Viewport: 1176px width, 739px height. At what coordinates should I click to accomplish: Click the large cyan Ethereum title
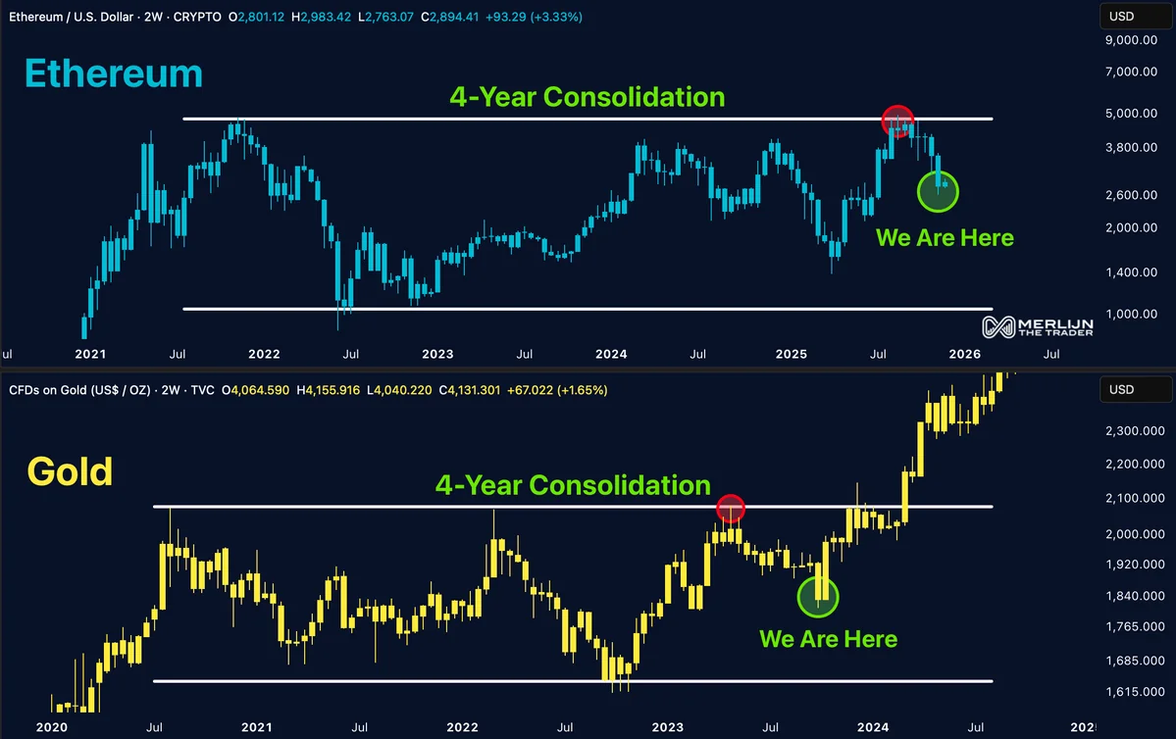[x=113, y=75]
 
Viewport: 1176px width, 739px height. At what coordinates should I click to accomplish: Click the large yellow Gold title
[x=70, y=472]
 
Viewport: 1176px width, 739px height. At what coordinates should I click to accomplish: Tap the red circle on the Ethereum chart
[x=897, y=121]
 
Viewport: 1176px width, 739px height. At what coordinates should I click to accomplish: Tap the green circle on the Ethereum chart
[x=937, y=192]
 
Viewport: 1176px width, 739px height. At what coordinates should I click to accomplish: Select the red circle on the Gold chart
[x=731, y=509]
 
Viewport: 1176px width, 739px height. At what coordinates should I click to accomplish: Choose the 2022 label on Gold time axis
[x=462, y=728]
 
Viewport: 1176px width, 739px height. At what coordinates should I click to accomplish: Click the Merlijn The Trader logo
[x=1038, y=327]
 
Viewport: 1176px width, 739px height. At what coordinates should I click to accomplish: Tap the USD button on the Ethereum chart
[x=1121, y=16]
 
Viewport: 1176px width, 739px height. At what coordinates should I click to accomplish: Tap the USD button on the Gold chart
[x=1121, y=390]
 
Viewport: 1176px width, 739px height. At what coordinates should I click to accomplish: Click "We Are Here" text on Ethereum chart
[x=944, y=237]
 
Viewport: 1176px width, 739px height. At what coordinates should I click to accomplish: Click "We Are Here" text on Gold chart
[x=828, y=639]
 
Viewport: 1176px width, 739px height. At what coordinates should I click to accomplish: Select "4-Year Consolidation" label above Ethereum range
[x=587, y=97]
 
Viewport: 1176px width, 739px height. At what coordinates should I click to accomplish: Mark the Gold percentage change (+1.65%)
[x=583, y=390]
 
